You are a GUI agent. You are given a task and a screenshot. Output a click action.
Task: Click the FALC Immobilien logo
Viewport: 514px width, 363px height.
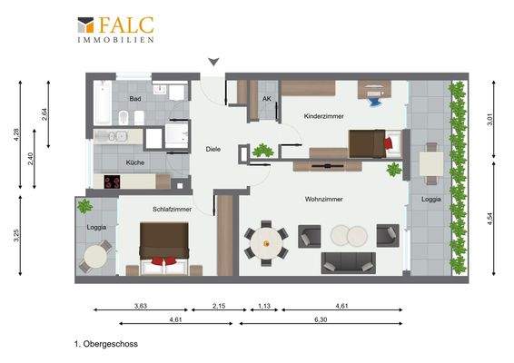(115, 29)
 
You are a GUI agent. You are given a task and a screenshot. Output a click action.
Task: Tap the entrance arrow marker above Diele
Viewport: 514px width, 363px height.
(213, 62)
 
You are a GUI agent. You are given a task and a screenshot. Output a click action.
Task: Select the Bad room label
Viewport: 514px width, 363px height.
(134, 98)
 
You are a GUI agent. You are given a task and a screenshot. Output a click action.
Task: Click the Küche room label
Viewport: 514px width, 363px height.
(135, 162)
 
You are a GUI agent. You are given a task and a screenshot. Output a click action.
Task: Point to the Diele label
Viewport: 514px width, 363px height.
(213, 149)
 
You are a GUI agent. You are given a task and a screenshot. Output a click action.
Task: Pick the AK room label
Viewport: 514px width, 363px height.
(267, 98)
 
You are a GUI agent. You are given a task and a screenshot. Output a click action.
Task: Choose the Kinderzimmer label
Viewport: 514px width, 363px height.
(324, 116)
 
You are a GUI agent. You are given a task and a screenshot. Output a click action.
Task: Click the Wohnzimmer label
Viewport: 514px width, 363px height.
(322, 199)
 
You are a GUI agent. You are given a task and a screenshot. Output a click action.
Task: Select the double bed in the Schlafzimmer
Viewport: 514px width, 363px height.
(163, 249)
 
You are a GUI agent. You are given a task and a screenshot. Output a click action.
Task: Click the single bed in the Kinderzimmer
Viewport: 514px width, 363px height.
(372, 142)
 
